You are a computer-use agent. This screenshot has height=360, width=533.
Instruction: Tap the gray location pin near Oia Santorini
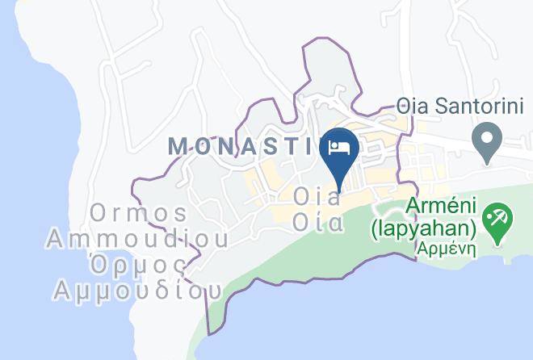[x=486, y=142]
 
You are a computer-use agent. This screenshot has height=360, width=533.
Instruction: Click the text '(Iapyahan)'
[x=423, y=229]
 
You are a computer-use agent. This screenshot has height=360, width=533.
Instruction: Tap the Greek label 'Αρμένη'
[x=446, y=249]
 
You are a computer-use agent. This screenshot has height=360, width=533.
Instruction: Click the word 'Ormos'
[x=139, y=214]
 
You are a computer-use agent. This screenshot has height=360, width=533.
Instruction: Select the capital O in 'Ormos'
[x=99, y=214]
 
